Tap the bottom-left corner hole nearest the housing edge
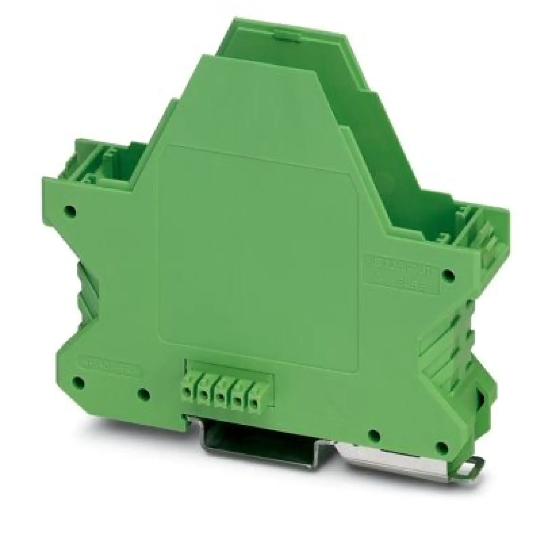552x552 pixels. tap(78, 381)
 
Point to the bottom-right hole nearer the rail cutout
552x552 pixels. tap(374, 435)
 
